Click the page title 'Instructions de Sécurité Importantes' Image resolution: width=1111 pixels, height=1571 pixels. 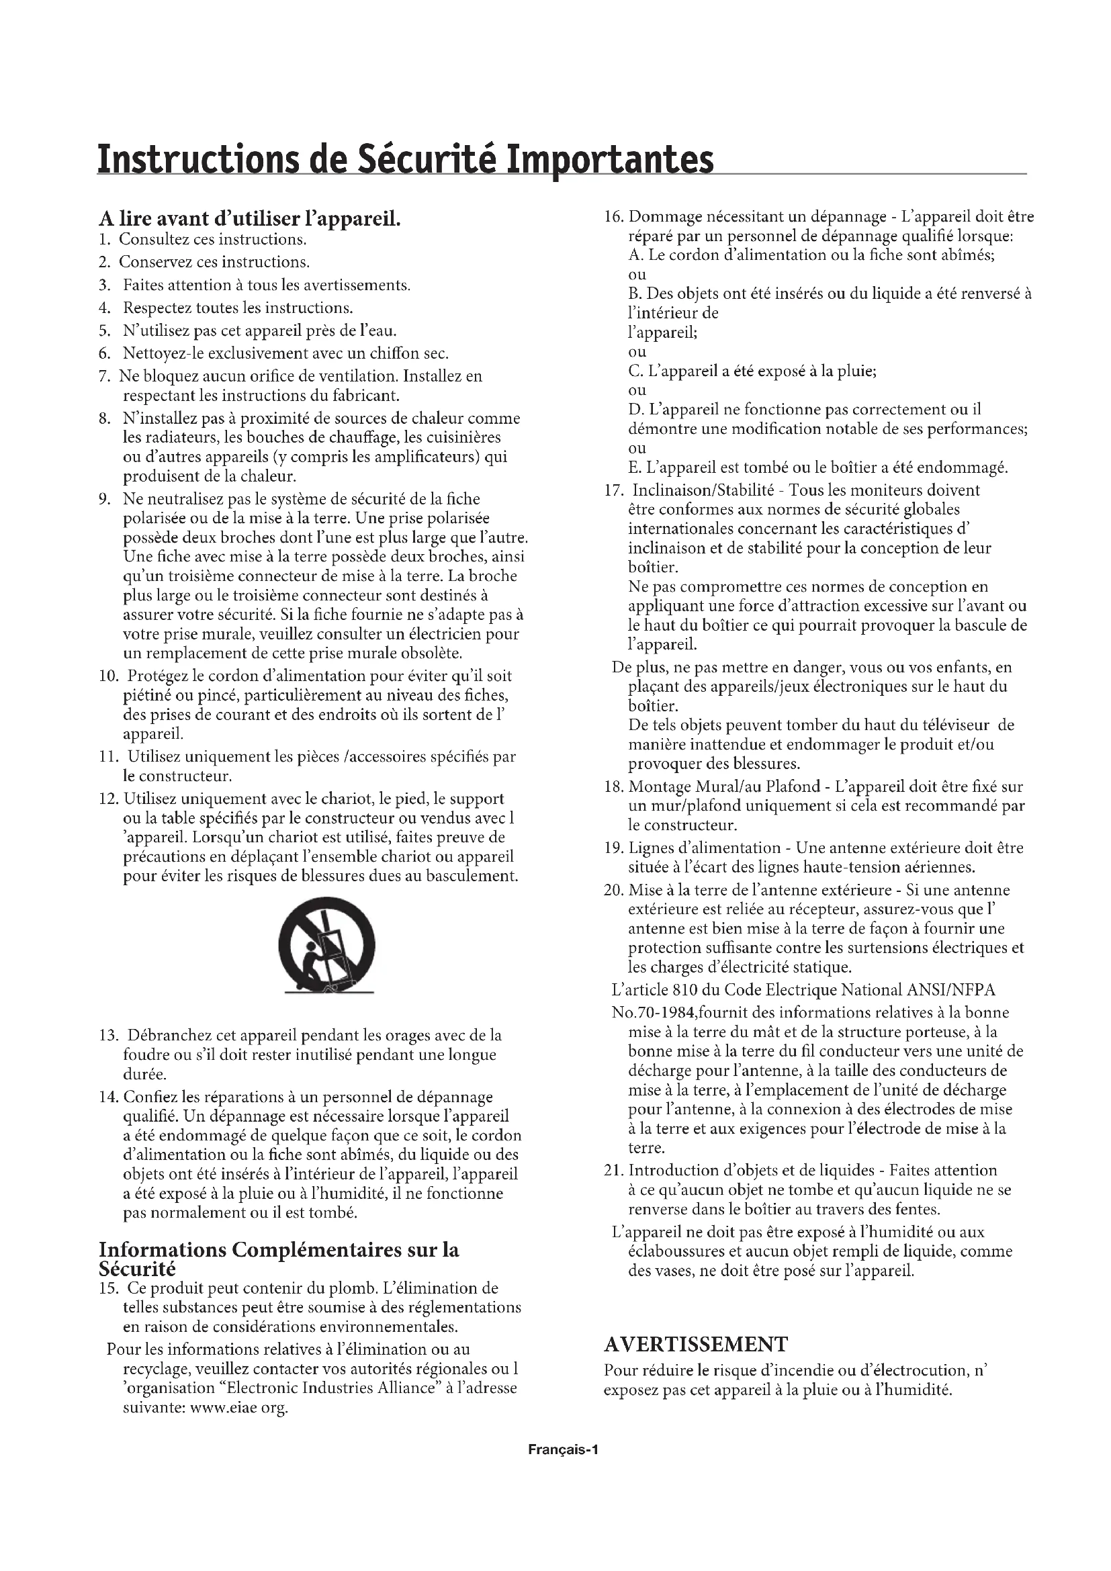click(x=405, y=159)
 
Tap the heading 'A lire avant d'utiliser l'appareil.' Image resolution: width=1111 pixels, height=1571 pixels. click(x=249, y=219)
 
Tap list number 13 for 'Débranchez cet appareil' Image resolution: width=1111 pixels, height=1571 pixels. click(x=109, y=1035)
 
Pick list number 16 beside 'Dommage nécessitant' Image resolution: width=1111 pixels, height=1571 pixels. click(x=614, y=217)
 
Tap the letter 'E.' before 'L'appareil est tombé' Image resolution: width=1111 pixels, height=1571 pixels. click(x=635, y=468)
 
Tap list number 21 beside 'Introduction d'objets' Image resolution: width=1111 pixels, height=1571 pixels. click(x=614, y=1171)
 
